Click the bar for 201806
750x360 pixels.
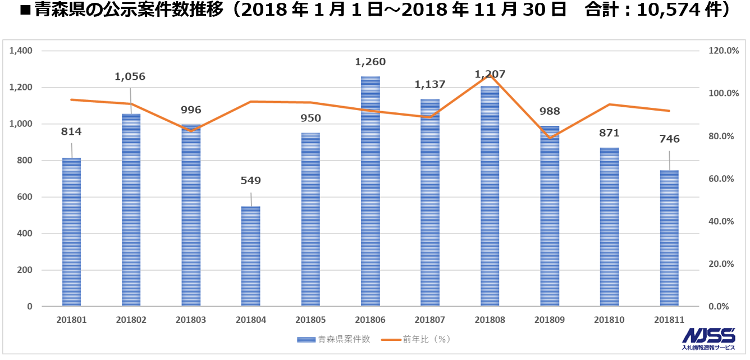[x=370, y=191]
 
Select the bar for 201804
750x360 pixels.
[x=250, y=256]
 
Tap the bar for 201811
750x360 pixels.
[x=669, y=238]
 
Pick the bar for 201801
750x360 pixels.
[x=71, y=232]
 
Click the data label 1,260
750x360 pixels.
[x=370, y=62]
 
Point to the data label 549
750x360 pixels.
[x=250, y=181]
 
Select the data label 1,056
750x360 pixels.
[x=130, y=76]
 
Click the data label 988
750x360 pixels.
[x=550, y=111]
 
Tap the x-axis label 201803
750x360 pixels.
[x=191, y=320]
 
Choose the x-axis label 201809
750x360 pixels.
[x=550, y=320]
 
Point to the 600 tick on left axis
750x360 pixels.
[x=25, y=197]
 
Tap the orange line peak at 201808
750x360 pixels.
[x=490, y=75]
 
